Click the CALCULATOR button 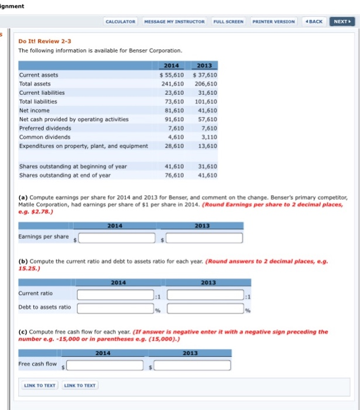[121, 21]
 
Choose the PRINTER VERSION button [273, 21]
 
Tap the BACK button [314, 21]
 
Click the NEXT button [342, 21]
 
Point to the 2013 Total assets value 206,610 [205, 84]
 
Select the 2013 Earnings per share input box [205, 238]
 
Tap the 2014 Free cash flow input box [106, 365]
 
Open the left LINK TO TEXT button [40, 385]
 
